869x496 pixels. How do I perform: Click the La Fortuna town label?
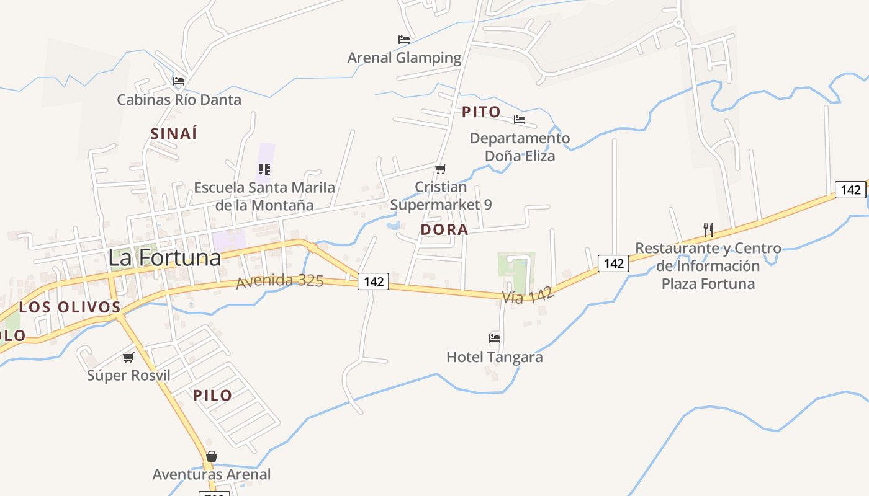164,258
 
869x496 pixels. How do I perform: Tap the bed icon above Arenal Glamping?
404,40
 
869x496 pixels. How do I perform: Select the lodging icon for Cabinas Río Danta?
179,81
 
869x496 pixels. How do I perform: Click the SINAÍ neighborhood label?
174,133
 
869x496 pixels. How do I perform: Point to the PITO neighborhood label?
481,112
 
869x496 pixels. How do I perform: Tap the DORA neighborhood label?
444,229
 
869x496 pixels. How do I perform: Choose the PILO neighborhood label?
212,395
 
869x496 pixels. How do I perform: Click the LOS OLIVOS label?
70,307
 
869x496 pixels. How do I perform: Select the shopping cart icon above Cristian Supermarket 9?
441,169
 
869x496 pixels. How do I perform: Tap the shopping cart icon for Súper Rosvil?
128,357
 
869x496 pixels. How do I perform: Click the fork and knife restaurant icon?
708,229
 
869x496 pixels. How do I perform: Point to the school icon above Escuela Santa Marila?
264,169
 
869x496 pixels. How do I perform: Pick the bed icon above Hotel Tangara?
495,339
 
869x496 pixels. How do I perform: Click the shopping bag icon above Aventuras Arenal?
212,457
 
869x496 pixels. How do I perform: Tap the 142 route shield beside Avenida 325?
374,281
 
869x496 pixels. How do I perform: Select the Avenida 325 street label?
279,281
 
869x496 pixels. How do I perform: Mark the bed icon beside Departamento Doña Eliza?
520,120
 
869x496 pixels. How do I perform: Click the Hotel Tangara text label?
495,357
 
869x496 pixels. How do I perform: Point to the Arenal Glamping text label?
404,58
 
